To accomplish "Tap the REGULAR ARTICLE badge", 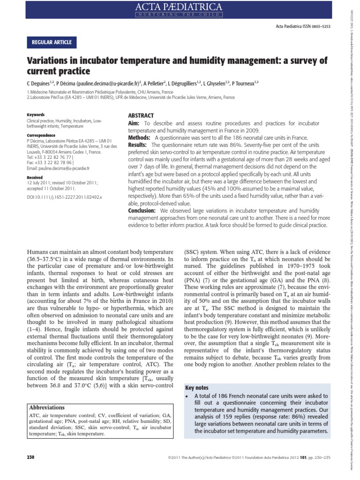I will [x=51, y=43].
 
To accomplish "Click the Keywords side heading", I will [x=36, y=115].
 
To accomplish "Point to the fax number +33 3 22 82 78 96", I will [x=52, y=162].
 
